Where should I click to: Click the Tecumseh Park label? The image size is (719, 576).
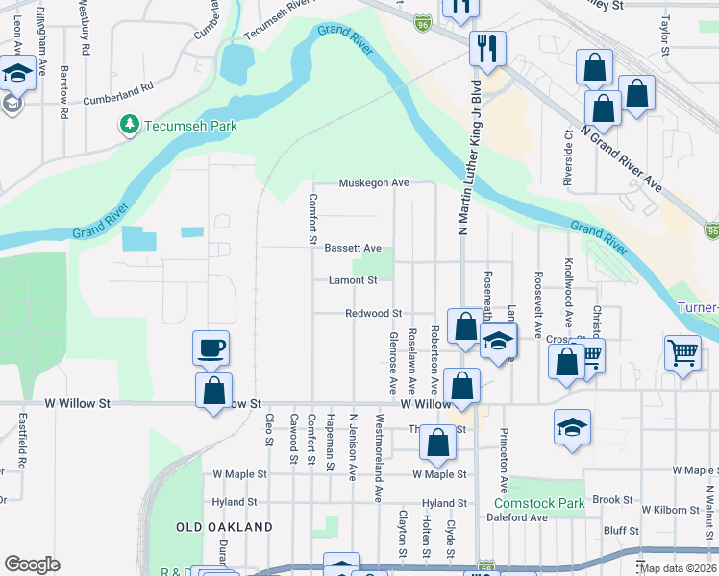(x=190, y=126)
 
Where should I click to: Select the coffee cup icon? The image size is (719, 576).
(x=211, y=347)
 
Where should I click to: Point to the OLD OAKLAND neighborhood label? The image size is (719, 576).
(x=224, y=527)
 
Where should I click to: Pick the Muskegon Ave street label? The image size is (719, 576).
(x=374, y=183)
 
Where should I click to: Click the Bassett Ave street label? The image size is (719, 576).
(x=353, y=248)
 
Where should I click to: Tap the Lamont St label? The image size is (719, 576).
(x=353, y=280)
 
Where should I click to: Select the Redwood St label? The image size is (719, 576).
(x=373, y=313)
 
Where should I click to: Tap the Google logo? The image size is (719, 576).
(x=32, y=564)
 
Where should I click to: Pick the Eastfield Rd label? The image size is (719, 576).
(x=23, y=441)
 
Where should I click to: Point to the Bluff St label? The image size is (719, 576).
(x=621, y=530)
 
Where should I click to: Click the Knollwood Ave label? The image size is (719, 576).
(x=569, y=308)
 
